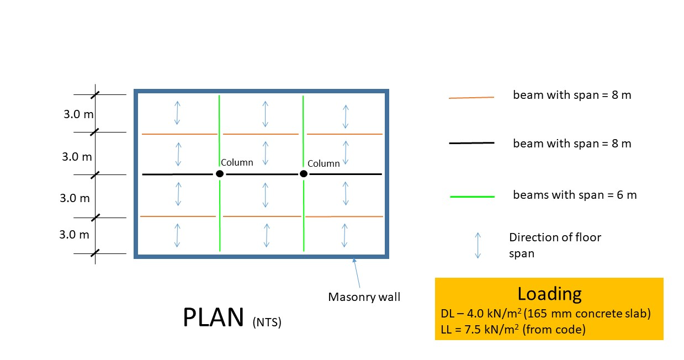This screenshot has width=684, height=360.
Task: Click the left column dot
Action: [220, 174]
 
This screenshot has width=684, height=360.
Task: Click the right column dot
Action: [303, 174]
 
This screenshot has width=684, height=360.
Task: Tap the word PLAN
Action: [213, 317]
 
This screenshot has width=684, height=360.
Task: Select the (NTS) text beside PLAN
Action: [267, 322]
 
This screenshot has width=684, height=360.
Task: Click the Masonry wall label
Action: [364, 297]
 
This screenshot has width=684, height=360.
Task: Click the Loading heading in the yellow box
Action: [549, 294]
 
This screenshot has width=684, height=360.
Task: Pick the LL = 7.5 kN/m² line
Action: [513, 330]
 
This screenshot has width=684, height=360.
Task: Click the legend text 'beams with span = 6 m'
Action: [574, 195]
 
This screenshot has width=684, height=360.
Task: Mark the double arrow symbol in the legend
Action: [478, 245]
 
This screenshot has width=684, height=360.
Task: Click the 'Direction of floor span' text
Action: [554, 245]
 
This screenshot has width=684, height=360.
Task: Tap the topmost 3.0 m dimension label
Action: [77, 115]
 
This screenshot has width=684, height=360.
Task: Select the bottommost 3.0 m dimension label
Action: [74, 234]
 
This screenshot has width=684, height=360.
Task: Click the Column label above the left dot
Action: [237, 162]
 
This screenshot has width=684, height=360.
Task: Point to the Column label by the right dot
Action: [324, 163]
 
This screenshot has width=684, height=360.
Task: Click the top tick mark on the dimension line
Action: [96, 95]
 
